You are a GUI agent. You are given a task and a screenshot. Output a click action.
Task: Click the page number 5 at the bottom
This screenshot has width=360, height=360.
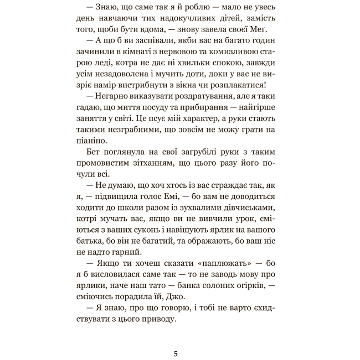click(176, 354)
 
